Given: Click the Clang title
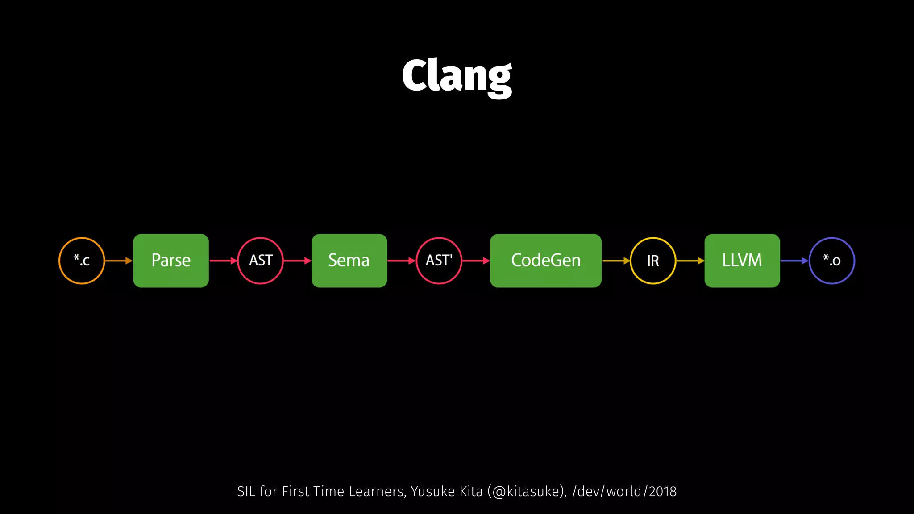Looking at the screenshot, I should (x=457, y=77).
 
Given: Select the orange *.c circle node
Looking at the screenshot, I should (x=82, y=261).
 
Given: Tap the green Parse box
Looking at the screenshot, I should (x=171, y=261).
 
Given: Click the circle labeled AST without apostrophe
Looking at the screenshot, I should (x=261, y=261).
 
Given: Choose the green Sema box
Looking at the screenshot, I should (x=349, y=261).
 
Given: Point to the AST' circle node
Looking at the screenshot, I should (x=439, y=261).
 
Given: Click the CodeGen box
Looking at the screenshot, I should (x=545, y=261).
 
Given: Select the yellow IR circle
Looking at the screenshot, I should (x=653, y=261).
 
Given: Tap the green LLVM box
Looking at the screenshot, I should (x=742, y=261).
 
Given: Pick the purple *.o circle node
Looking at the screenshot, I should (x=832, y=261).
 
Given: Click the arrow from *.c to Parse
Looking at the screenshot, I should (x=119, y=261).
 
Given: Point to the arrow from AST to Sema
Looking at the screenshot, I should (x=297, y=261).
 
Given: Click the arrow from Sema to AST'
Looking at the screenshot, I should (x=401, y=261).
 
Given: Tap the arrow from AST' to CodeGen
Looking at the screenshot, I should (x=476, y=261).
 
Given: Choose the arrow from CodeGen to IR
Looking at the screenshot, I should (x=616, y=261).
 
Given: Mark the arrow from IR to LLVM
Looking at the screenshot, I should (x=690, y=261).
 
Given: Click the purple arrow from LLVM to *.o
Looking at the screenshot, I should (x=794, y=261).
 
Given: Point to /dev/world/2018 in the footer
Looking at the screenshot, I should (x=624, y=491).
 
